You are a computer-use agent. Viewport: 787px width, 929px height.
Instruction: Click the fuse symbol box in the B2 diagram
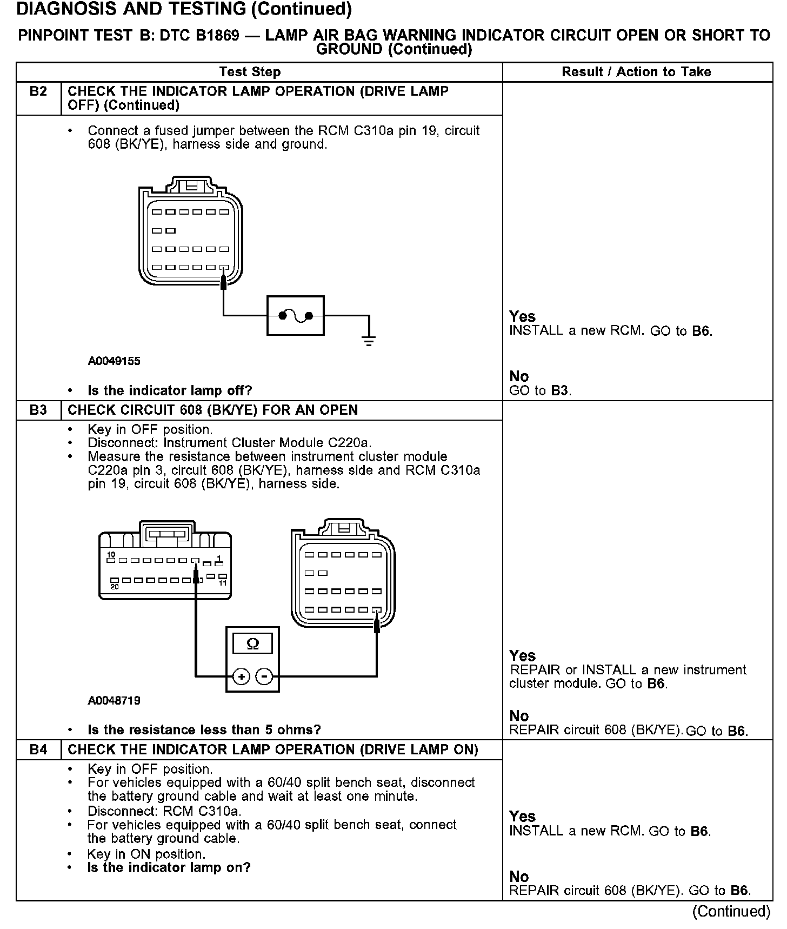pyautogui.click(x=295, y=316)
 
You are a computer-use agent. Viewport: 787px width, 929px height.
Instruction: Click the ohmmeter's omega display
pyautogui.click(x=252, y=644)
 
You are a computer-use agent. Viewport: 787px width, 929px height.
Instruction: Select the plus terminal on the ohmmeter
pyautogui.click(x=241, y=676)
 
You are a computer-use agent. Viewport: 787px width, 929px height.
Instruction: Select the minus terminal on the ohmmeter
pyautogui.click(x=264, y=676)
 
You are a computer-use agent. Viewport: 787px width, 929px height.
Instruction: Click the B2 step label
pyautogui.click(x=38, y=91)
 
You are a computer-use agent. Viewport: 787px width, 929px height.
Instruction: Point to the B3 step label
pyautogui.click(x=38, y=410)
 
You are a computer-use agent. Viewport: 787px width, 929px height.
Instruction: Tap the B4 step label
pyautogui.click(x=38, y=749)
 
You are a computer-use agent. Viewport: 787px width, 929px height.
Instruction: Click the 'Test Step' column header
pyautogui.click(x=250, y=72)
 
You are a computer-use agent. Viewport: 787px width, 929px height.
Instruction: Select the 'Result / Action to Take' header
pyautogui.click(x=636, y=72)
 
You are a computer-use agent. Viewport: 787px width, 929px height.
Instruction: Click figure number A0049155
pyautogui.click(x=114, y=361)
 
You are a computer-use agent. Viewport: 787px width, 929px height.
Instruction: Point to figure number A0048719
pyautogui.click(x=114, y=701)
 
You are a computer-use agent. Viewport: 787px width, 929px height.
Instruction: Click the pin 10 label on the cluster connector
pyautogui.click(x=111, y=555)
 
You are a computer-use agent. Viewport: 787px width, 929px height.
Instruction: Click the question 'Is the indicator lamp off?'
pyautogui.click(x=170, y=390)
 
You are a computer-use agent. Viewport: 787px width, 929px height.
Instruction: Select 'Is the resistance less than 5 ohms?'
pyautogui.click(x=204, y=730)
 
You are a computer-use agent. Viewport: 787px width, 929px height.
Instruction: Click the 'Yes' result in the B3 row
pyautogui.click(x=522, y=656)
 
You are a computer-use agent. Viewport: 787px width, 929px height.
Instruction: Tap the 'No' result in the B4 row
pyautogui.click(x=519, y=877)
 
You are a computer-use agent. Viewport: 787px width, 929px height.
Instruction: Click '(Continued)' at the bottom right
pyautogui.click(x=731, y=911)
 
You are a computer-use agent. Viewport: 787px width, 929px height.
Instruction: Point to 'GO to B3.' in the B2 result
pyautogui.click(x=540, y=390)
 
